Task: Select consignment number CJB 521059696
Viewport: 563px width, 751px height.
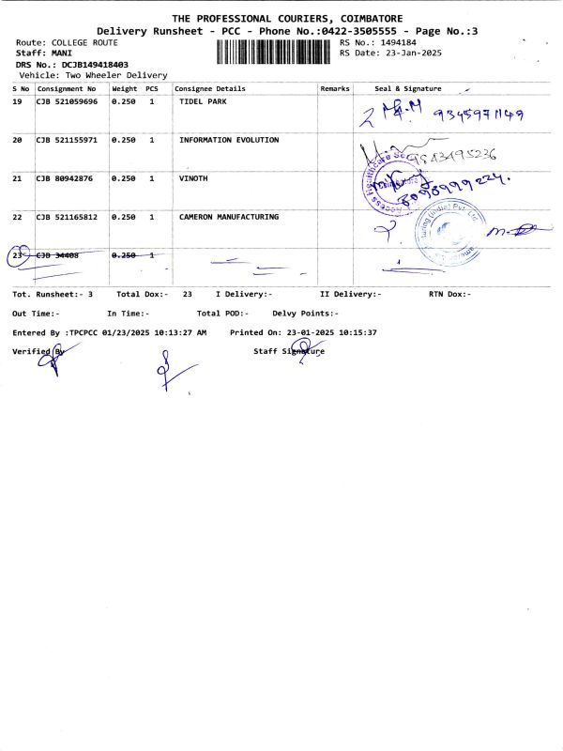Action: tap(67, 101)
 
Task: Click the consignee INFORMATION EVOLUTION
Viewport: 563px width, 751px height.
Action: tap(229, 140)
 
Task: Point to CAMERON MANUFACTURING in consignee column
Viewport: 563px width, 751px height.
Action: tap(229, 217)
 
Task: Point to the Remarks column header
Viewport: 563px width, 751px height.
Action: tap(335, 88)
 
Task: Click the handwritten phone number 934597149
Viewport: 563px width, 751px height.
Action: tap(478, 115)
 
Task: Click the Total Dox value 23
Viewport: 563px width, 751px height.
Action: tap(188, 294)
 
